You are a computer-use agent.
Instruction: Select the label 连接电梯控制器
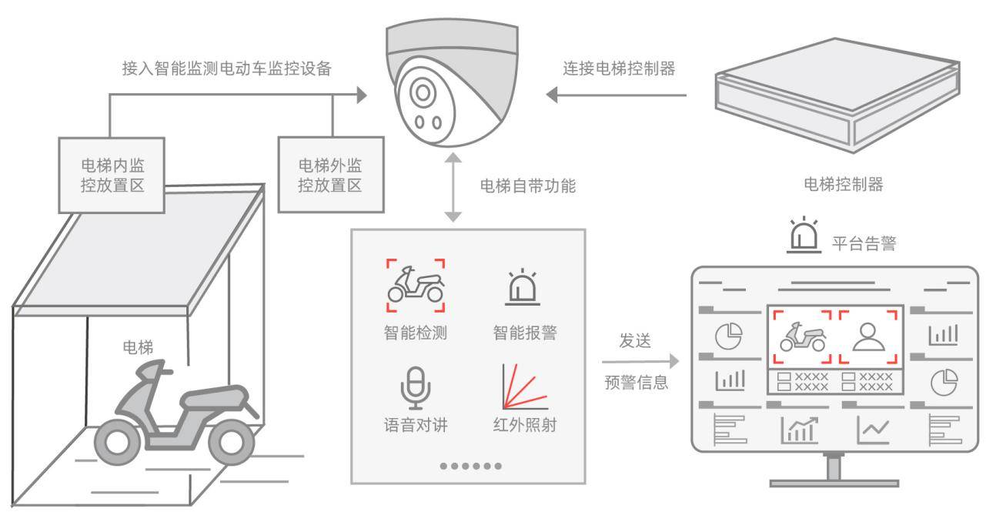click(x=620, y=69)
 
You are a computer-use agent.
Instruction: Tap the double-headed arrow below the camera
click(x=454, y=188)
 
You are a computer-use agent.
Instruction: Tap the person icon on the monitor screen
click(x=868, y=337)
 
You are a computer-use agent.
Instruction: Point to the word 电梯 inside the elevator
click(x=139, y=347)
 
